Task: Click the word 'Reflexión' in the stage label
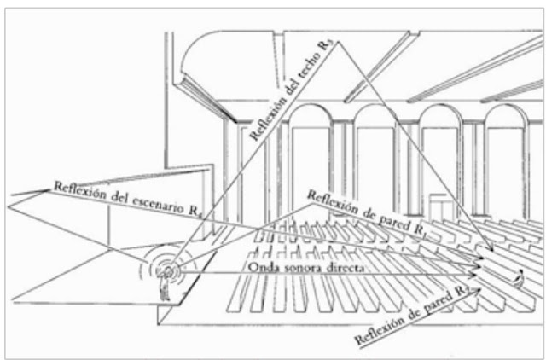(x=72, y=185)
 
